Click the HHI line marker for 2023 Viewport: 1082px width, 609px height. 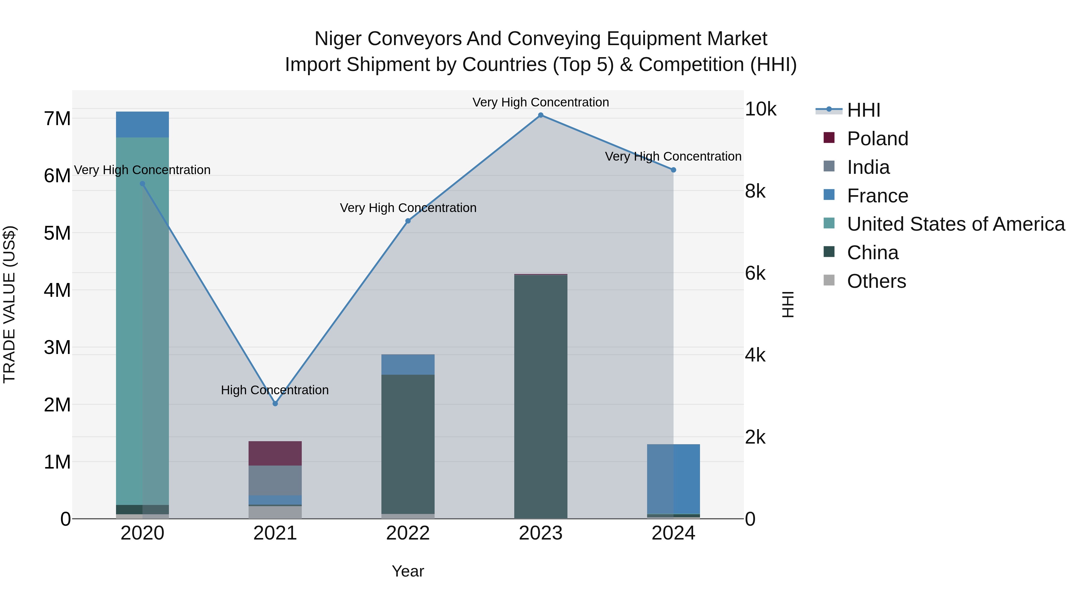click(x=541, y=115)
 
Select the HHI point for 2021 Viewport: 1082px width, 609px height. click(x=275, y=404)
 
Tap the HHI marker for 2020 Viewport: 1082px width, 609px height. click(x=142, y=184)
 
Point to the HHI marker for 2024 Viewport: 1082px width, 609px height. click(x=673, y=170)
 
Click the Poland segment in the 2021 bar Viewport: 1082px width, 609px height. click(x=275, y=453)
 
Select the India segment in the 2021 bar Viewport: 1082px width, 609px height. click(x=275, y=480)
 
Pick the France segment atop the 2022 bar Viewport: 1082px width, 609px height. click(x=408, y=364)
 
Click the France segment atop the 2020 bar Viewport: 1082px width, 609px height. click(x=142, y=125)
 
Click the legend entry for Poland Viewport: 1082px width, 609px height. click(x=877, y=139)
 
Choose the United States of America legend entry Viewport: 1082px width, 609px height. click(x=955, y=224)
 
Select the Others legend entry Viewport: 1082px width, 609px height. click(x=876, y=281)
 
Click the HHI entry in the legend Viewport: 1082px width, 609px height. click(x=863, y=110)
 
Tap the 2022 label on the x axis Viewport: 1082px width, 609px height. click(x=408, y=533)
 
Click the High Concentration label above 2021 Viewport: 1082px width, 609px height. click(x=275, y=390)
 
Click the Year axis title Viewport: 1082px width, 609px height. click(x=408, y=571)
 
